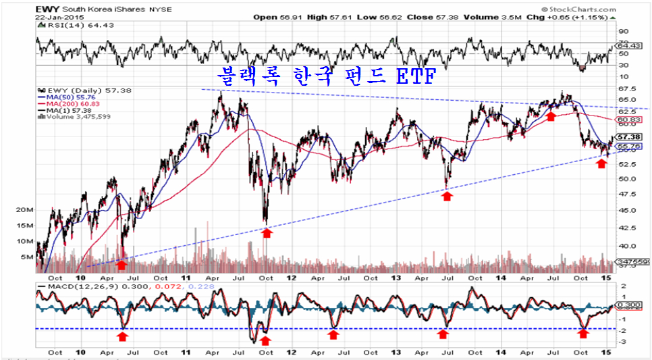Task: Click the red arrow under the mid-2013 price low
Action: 447,195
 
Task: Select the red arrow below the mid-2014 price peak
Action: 551,117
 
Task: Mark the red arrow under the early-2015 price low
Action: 601,163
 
